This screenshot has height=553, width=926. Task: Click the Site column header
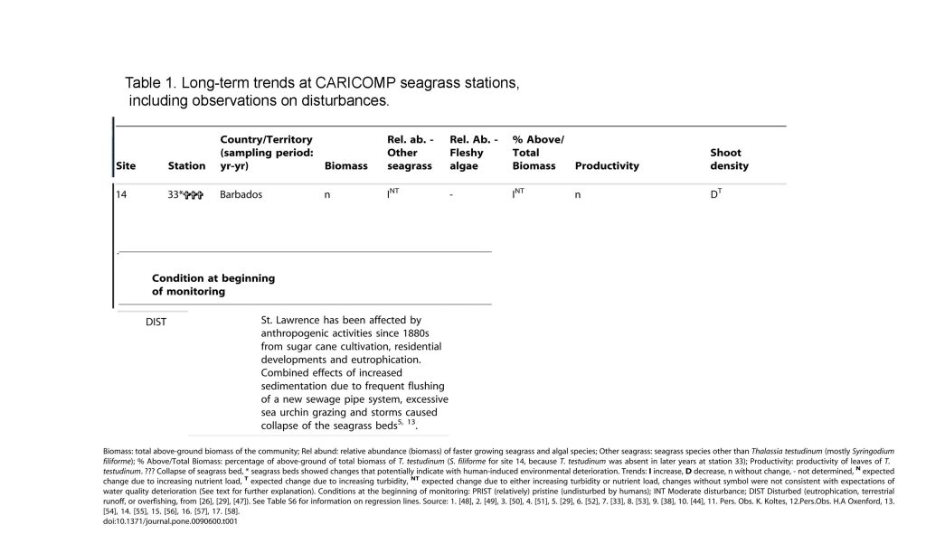pos(125,166)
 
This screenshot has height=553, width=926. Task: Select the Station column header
pos(186,166)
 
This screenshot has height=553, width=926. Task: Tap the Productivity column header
pos(607,166)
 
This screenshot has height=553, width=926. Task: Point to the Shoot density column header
pos(729,159)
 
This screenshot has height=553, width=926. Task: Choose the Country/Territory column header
pos(266,153)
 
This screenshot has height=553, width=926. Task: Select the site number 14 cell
pos(121,194)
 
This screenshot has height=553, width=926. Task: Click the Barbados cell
pos(241,194)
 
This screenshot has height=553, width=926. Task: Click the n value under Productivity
pos(577,194)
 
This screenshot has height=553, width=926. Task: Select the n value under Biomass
pos(327,194)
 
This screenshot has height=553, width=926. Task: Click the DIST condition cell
pos(156,321)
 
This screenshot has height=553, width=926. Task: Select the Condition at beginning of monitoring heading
pos(213,285)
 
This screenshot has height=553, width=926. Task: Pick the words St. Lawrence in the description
pos(291,320)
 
